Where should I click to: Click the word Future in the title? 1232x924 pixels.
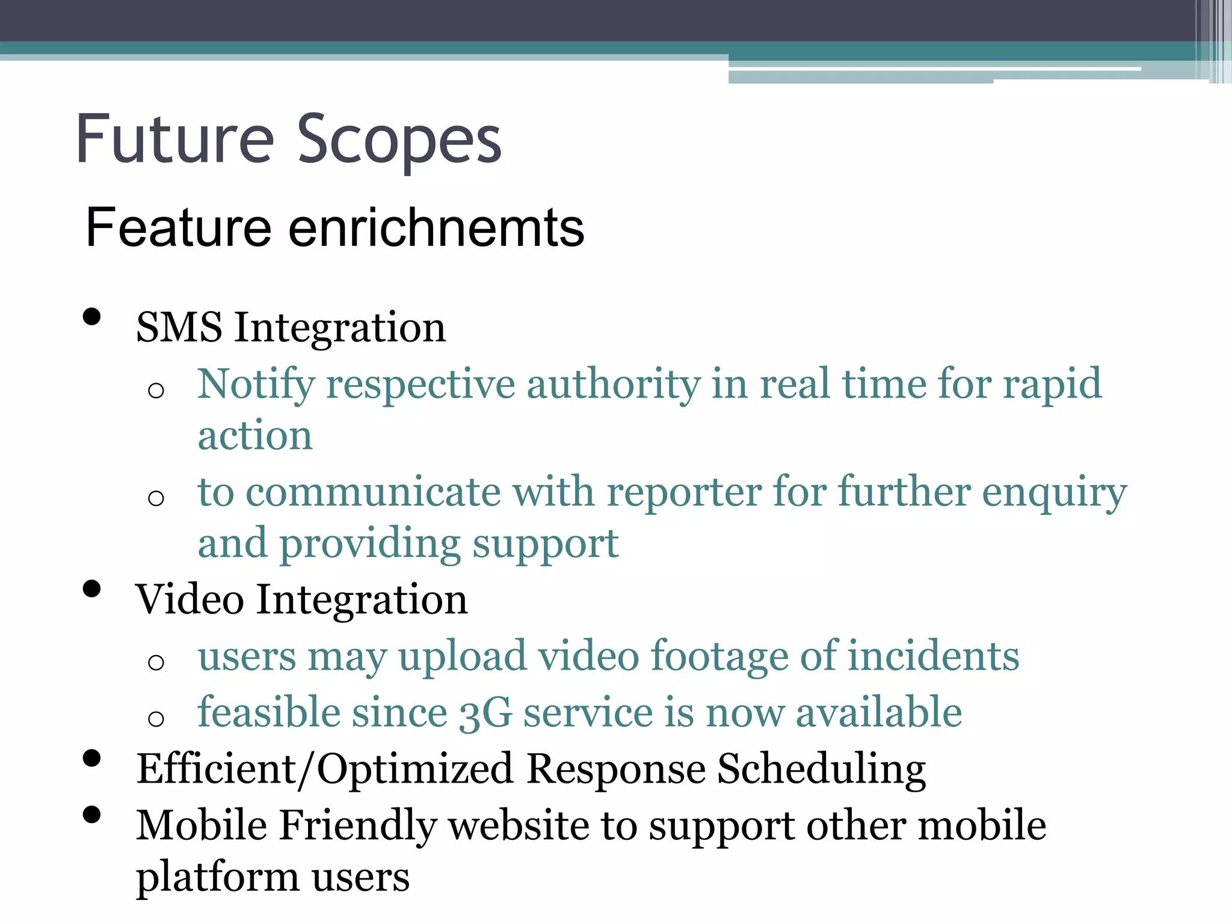175,140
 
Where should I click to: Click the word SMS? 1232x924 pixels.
179,328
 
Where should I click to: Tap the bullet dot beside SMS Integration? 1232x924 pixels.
91,317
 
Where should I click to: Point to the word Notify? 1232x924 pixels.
256,385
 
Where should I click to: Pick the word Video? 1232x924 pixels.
189,600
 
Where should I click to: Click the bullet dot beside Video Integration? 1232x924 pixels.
91,589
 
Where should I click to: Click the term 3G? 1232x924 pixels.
485,713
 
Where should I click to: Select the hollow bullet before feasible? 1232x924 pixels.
156,718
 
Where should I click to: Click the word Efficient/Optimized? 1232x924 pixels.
324,770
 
